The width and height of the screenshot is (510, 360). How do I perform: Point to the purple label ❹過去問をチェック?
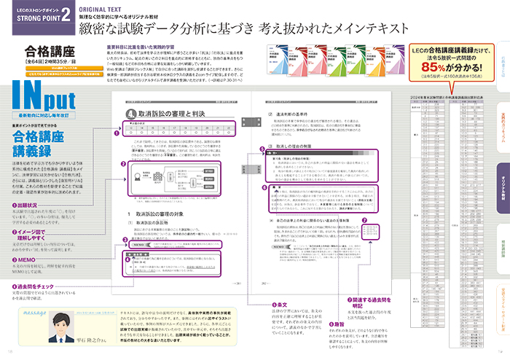[x=39, y=285]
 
